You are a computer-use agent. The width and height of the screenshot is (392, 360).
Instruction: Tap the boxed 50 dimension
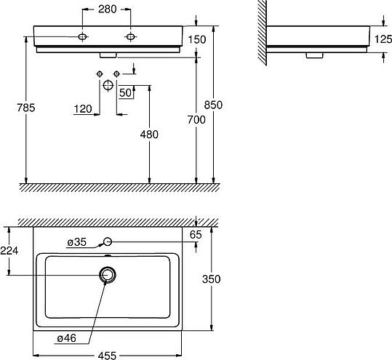click(126, 92)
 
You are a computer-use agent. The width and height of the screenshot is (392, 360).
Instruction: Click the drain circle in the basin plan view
click(108, 274)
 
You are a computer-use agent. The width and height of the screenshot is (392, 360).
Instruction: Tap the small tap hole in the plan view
click(108, 241)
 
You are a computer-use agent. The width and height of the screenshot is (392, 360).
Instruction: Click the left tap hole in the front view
click(84, 36)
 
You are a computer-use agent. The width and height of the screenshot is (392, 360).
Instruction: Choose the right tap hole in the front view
click(131, 36)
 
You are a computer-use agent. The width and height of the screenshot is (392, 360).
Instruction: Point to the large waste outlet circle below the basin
click(108, 85)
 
